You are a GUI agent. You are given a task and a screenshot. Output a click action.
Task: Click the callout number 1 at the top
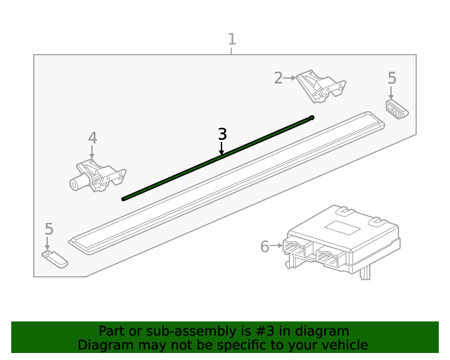[x=231, y=39]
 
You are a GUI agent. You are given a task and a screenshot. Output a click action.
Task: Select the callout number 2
[x=278, y=78]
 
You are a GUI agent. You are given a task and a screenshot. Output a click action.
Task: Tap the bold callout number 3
[x=222, y=134]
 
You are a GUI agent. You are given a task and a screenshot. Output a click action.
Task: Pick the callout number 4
[x=92, y=138]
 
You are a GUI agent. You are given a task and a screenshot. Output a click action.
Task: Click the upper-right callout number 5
[x=392, y=78]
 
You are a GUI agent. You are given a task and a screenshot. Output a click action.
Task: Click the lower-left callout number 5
[x=49, y=229]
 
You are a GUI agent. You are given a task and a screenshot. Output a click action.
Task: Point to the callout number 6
[x=264, y=247]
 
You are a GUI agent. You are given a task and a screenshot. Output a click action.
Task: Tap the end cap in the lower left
[x=54, y=259]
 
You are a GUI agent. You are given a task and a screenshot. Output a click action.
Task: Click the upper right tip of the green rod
[x=311, y=117]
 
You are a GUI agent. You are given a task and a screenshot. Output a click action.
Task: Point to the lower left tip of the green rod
[x=124, y=199]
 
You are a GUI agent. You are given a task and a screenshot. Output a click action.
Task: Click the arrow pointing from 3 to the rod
[x=222, y=148]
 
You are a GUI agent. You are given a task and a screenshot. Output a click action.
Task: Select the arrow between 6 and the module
[x=276, y=247]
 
